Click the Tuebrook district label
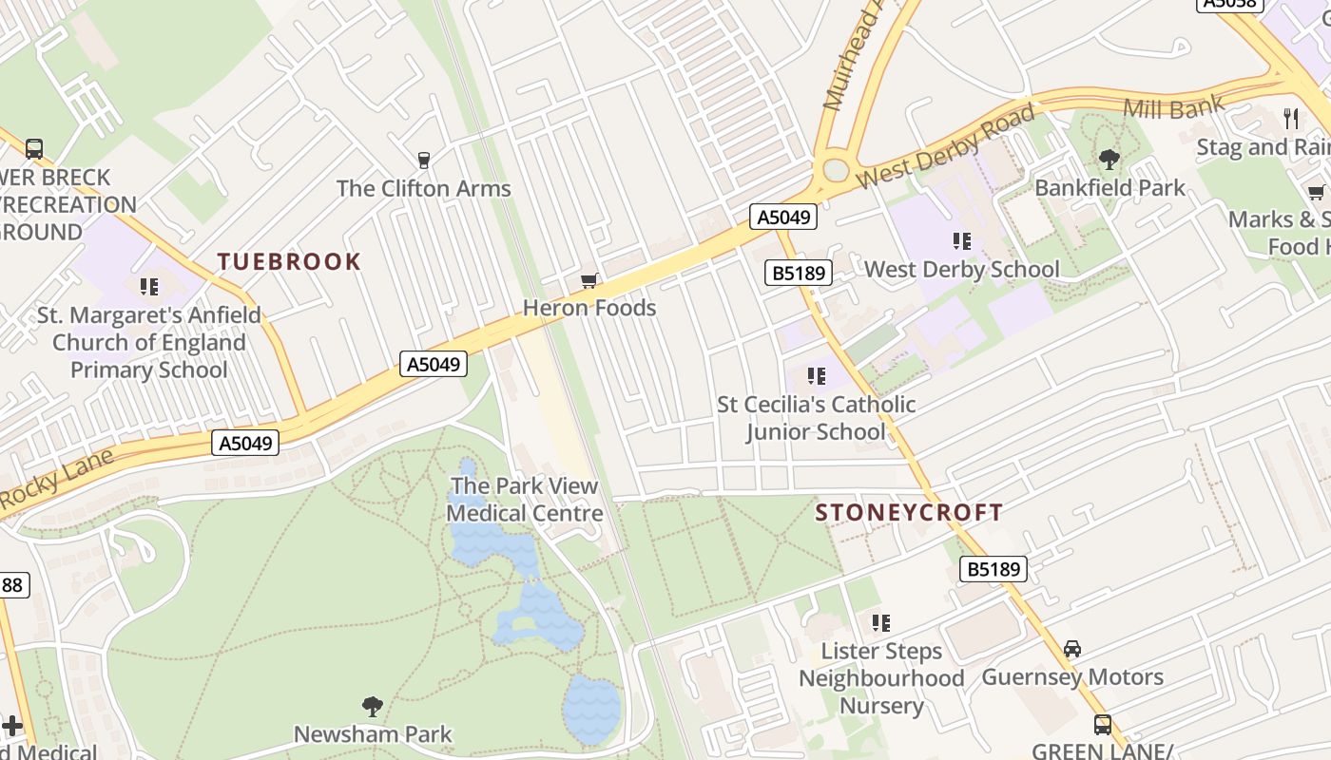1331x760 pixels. pos(289,261)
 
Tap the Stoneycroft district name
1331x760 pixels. pos(909,513)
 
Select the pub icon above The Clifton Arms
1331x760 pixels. pos(424,160)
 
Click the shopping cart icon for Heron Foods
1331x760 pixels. pos(589,280)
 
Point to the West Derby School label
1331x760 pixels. pos(961,269)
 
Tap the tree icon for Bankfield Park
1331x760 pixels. pos(1109,159)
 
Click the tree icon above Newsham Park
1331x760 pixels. pos(373,706)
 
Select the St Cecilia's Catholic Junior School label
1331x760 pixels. pos(816,418)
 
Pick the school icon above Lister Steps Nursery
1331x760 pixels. pos(881,623)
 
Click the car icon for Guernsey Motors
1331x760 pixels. pos(1072,649)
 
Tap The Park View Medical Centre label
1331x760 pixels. pos(524,500)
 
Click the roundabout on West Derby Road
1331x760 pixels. pos(835,170)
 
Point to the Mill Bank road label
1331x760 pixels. pos(1173,107)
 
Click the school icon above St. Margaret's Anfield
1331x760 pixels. pos(148,286)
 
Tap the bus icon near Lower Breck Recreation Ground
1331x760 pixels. pos(34,149)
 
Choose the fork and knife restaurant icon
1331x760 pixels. pos(1290,118)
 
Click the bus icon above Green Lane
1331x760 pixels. pos(1103,725)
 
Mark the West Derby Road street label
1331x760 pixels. pos(945,148)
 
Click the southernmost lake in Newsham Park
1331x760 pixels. pos(591,709)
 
